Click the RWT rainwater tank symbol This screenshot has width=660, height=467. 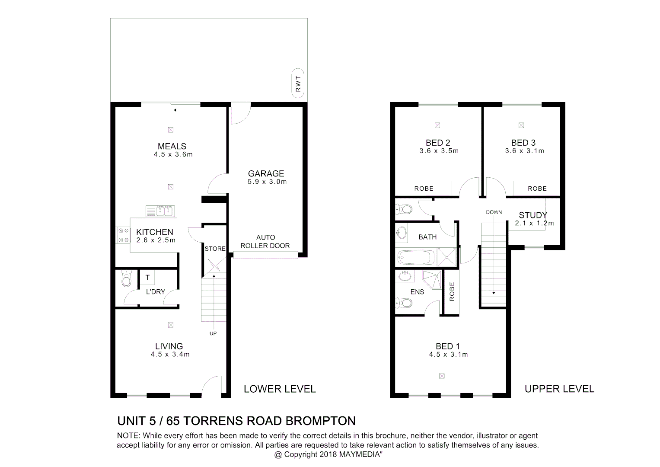pyautogui.click(x=297, y=83)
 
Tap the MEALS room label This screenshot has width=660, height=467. pyautogui.click(x=172, y=146)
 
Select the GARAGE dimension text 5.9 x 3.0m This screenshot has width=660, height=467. pyautogui.click(x=267, y=182)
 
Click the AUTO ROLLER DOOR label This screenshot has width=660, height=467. pyautogui.click(x=265, y=242)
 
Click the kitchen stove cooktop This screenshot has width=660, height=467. pyautogui.click(x=123, y=235)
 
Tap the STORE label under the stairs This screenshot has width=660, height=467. pyautogui.click(x=215, y=249)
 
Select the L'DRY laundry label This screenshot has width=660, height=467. pyautogui.click(x=155, y=292)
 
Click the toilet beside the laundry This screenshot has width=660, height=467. pyautogui.click(x=126, y=280)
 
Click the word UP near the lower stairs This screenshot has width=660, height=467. pyautogui.click(x=213, y=333)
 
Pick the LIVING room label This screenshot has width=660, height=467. pyautogui.click(x=169, y=346)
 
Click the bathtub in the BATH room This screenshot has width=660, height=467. pyautogui.click(x=415, y=258)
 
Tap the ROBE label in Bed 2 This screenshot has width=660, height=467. pyautogui.click(x=424, y=189)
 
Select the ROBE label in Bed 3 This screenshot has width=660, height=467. pyautogui.click(x=537, y=189)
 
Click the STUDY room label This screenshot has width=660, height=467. pyautogui.click(x=533, y=215)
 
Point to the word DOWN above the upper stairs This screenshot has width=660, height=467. pyautogui.click(x=494, y=212)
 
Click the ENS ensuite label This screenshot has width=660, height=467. pyautogui.click(x=417, y=292)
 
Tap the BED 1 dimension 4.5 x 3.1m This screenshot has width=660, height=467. pyautogui.click(x=448, y=355)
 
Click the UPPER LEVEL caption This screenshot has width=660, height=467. pyautogui.click(x=559, y=389)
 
